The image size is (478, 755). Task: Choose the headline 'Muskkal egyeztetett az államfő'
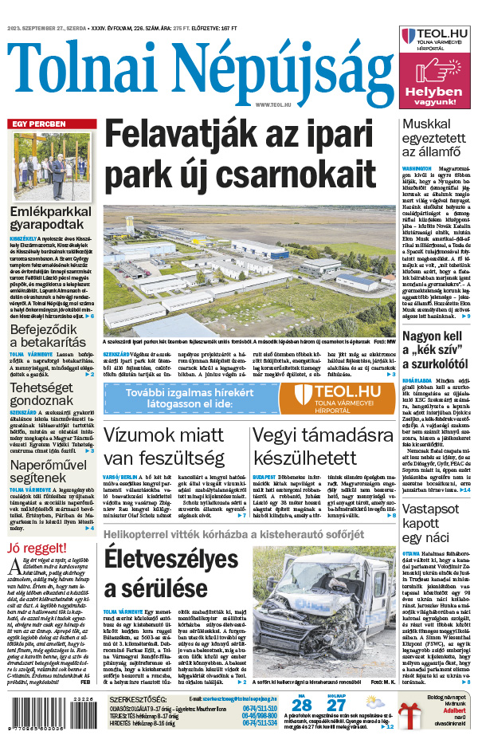[437, 143]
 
